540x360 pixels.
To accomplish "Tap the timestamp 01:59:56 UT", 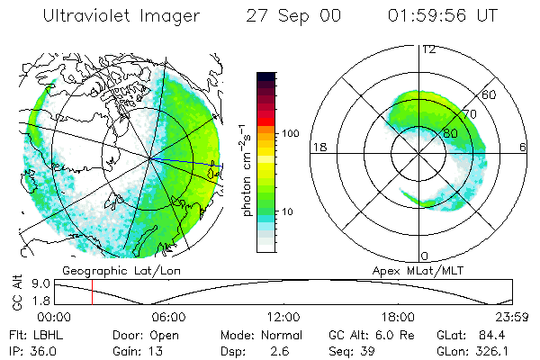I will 443,17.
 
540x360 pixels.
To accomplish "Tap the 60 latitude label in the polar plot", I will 490,94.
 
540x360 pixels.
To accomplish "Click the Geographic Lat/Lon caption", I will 111,269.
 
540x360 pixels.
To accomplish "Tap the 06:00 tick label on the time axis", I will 168,317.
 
